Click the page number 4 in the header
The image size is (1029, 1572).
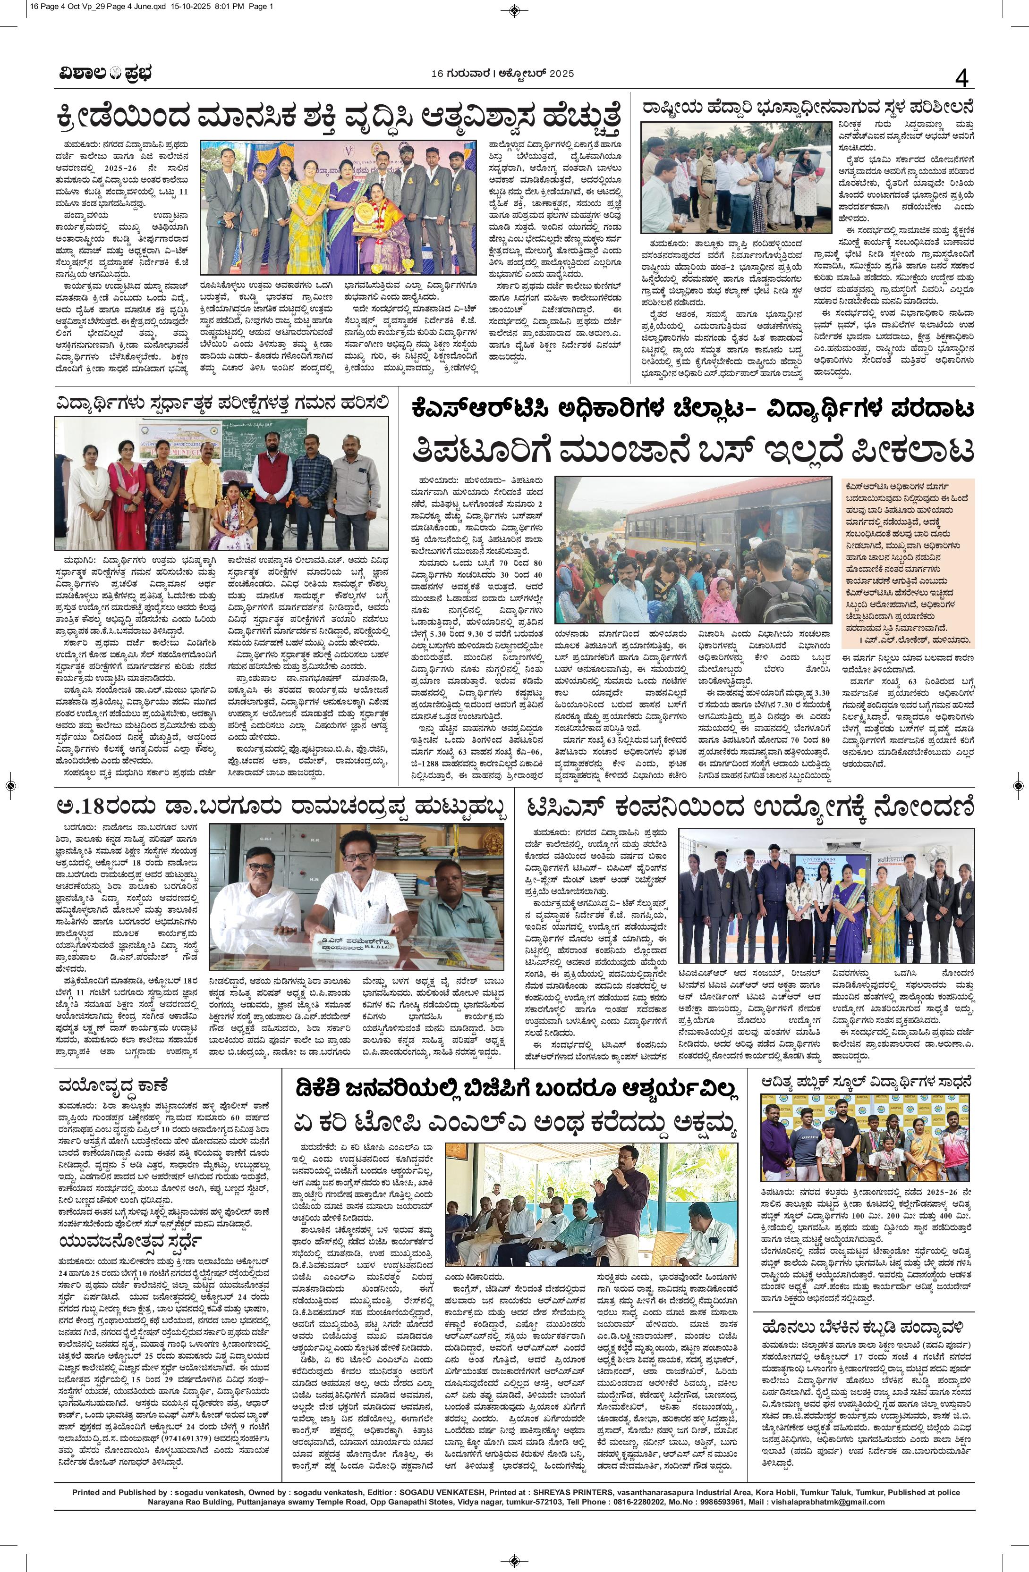[961, 79]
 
